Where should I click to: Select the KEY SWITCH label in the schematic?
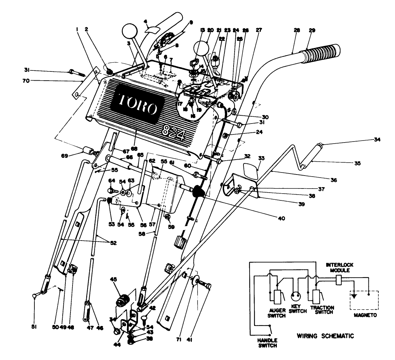[298, 309]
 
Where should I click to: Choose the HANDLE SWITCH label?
[267, 343]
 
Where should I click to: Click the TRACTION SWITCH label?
[322, 310]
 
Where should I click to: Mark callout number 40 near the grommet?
[281, 218]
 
